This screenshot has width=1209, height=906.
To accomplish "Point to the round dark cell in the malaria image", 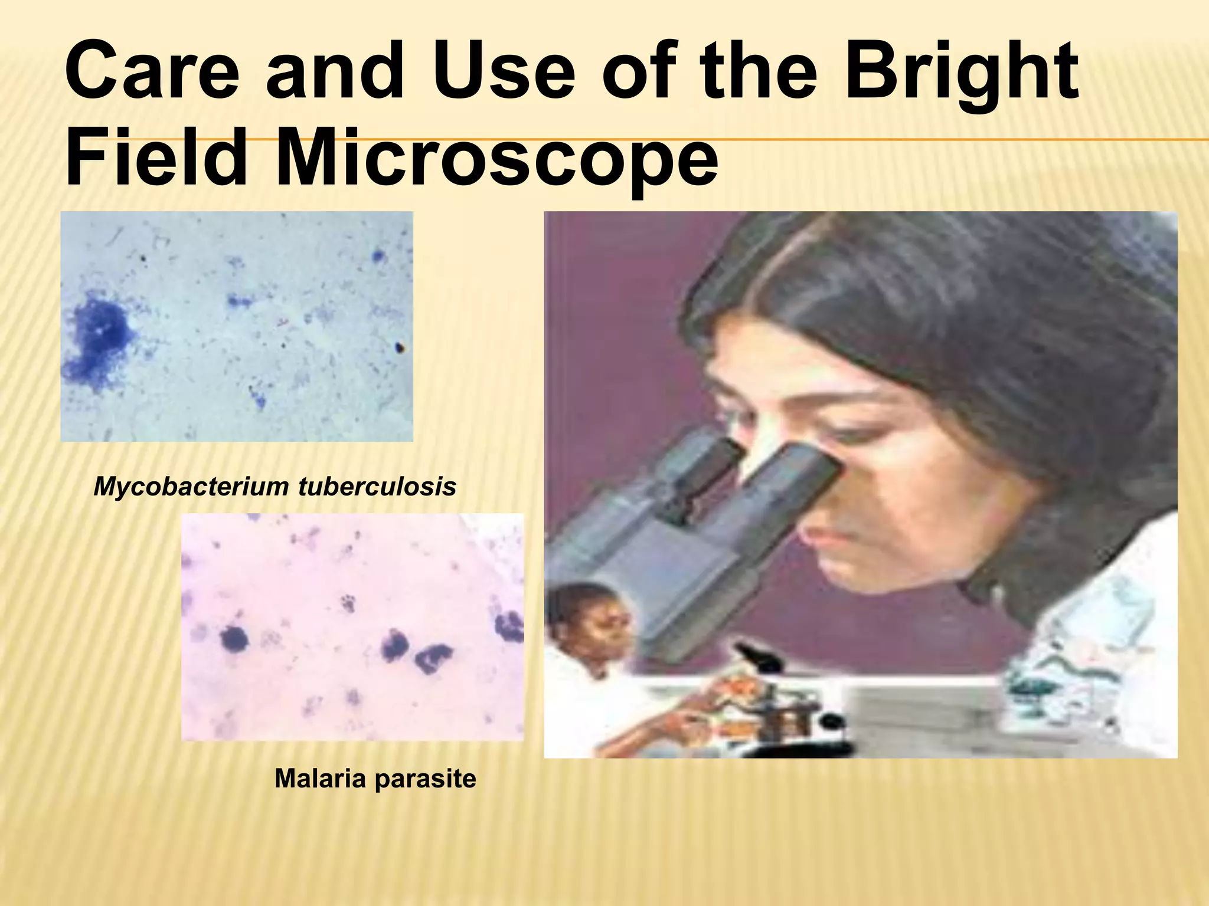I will [234, 639].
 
